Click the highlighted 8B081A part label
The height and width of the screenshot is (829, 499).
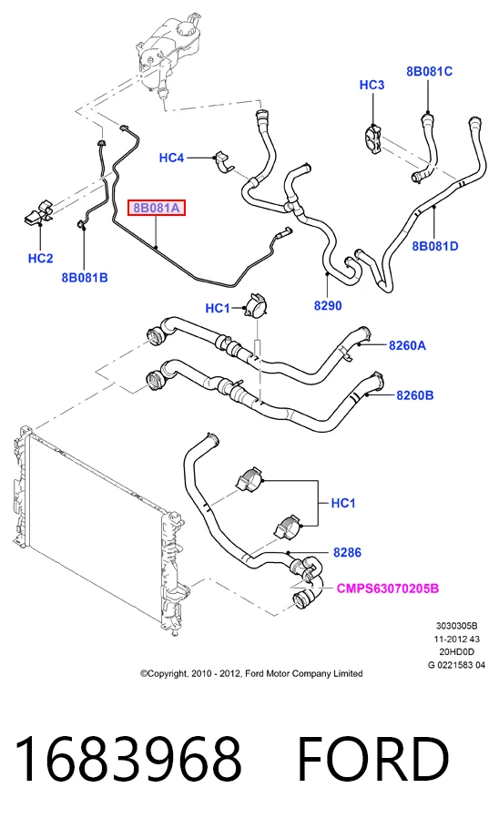point(157,208)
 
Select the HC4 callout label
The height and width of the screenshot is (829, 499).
point(172,158)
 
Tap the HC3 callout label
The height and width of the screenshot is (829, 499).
point(372,85)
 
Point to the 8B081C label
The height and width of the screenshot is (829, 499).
point(429,71)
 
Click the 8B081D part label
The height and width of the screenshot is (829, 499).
point(435,246)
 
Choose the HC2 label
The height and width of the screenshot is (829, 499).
point(41,259)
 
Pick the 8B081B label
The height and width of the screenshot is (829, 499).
point(85,278)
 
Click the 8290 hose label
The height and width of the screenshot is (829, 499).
point(328,305)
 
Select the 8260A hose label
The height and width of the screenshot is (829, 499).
point(408,346)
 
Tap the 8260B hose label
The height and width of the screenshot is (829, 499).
point(415,395)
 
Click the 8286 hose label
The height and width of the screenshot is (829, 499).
point(347,552)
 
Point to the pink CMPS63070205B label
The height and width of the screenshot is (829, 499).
point(388,588)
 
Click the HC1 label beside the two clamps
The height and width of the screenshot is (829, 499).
point(343,503)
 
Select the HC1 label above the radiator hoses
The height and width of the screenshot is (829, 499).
point(218,308)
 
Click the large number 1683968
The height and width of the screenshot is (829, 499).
point(128,759)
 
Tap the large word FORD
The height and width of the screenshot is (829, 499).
point(373,759)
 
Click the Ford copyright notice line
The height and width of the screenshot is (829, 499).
point(251,673)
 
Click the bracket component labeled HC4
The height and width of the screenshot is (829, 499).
point(224,162)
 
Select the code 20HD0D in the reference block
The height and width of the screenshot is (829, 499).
point(457,652)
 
